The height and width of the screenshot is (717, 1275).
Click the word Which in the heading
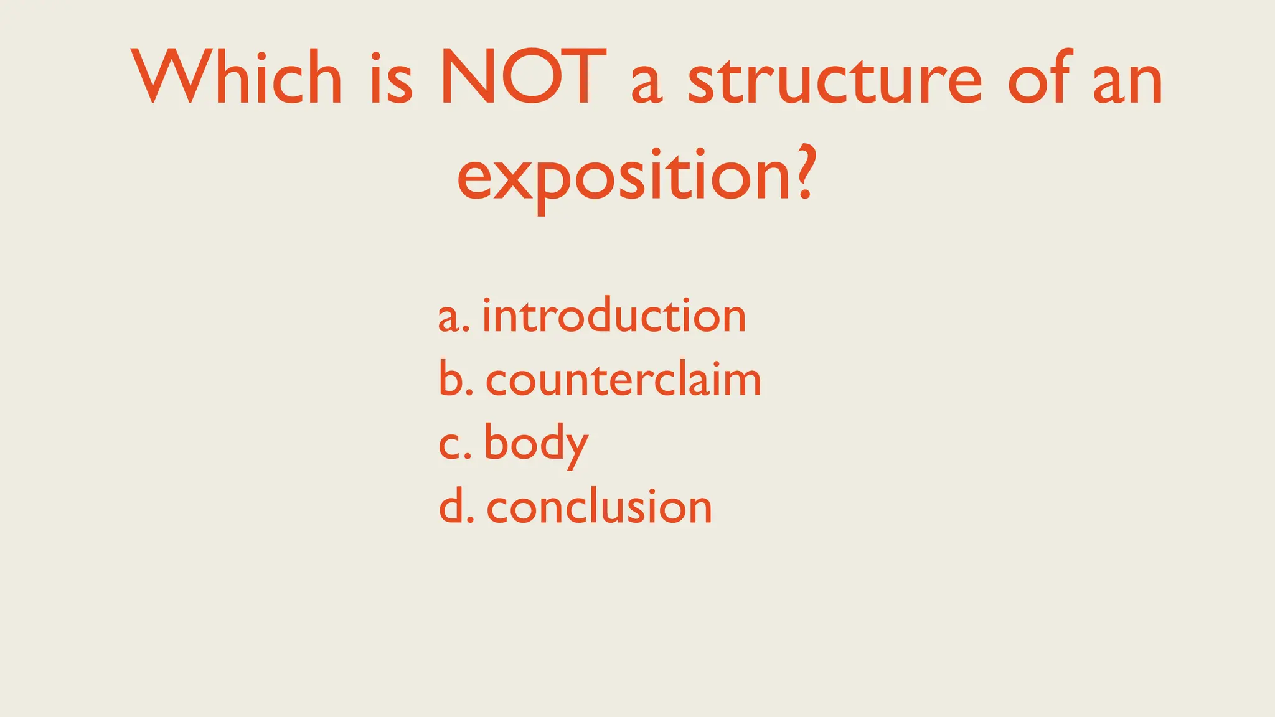pos(237,77)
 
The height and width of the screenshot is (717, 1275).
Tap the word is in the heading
pos(391,78)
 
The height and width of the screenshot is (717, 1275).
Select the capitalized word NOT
pos(523,77)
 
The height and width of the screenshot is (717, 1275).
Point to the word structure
pos(835,78)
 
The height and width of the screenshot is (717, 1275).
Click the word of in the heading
pos(1040,77)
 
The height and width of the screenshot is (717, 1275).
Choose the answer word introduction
pos(614,316)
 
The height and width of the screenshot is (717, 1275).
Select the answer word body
pos(536,443)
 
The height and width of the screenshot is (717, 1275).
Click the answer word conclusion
pos(599,507)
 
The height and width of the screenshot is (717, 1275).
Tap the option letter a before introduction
pos(449,319)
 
